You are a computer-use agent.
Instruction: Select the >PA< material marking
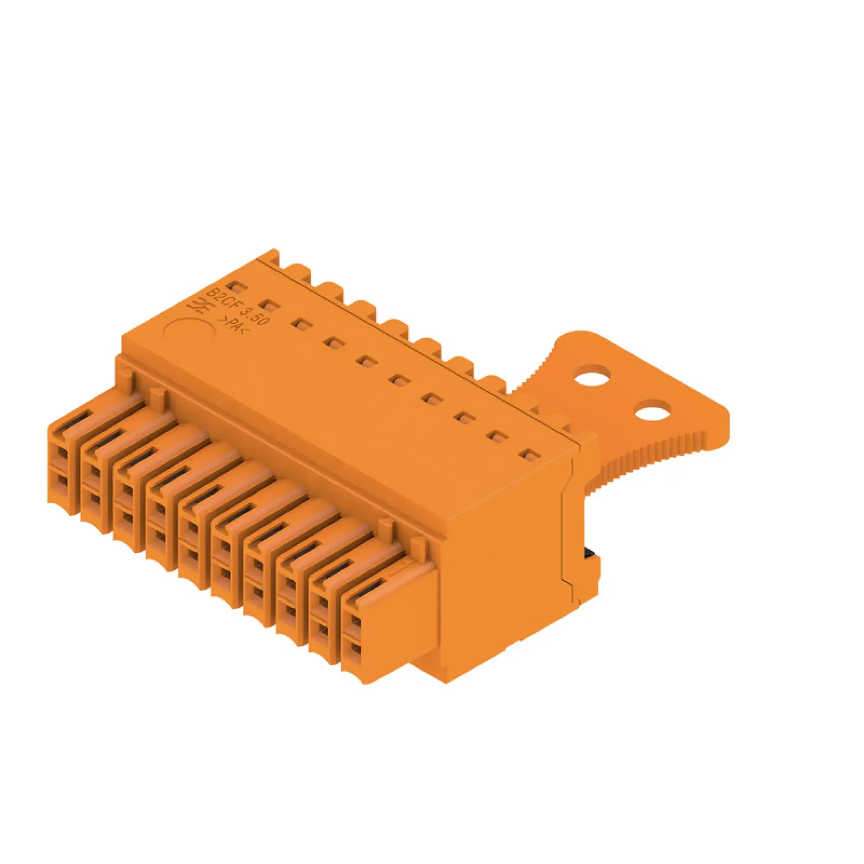pyautogui.click(x=233, y=326)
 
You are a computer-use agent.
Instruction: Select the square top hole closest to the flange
pyautogui.click(x=530, y=456)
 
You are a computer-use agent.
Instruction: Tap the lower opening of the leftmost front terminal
pyautogui.click(x=63, y=482)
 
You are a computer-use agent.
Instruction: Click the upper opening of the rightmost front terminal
pyautogui.click(x=355, y=621)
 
